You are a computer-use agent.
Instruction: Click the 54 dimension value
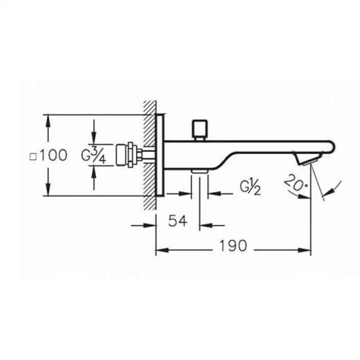(177, 221)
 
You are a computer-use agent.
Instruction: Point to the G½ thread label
(251, 188)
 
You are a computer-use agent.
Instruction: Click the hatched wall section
(149, 154)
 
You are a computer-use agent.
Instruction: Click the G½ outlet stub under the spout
(199, 171)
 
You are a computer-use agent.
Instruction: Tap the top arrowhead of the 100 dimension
(48, 119)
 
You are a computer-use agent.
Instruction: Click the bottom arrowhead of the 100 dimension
(48, 191)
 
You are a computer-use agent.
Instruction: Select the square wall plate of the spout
(163, 155)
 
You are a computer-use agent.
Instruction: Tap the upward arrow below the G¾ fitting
(94, 173)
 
